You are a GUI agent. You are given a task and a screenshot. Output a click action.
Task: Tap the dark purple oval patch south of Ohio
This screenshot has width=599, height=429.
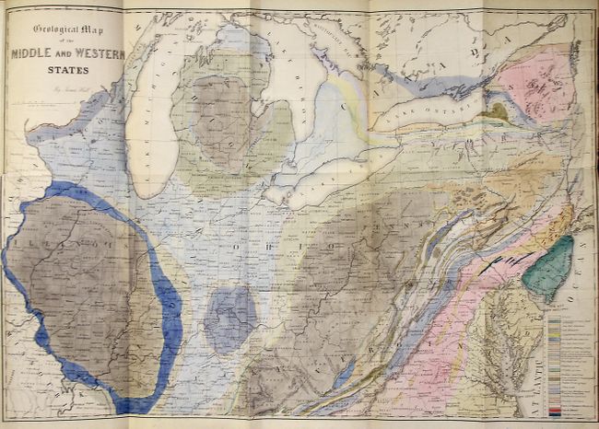pyautogui.click(x=229, y=318)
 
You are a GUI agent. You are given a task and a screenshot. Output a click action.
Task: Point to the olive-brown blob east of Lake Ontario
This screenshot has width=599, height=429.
pyautogui.click(x=498, y=111)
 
